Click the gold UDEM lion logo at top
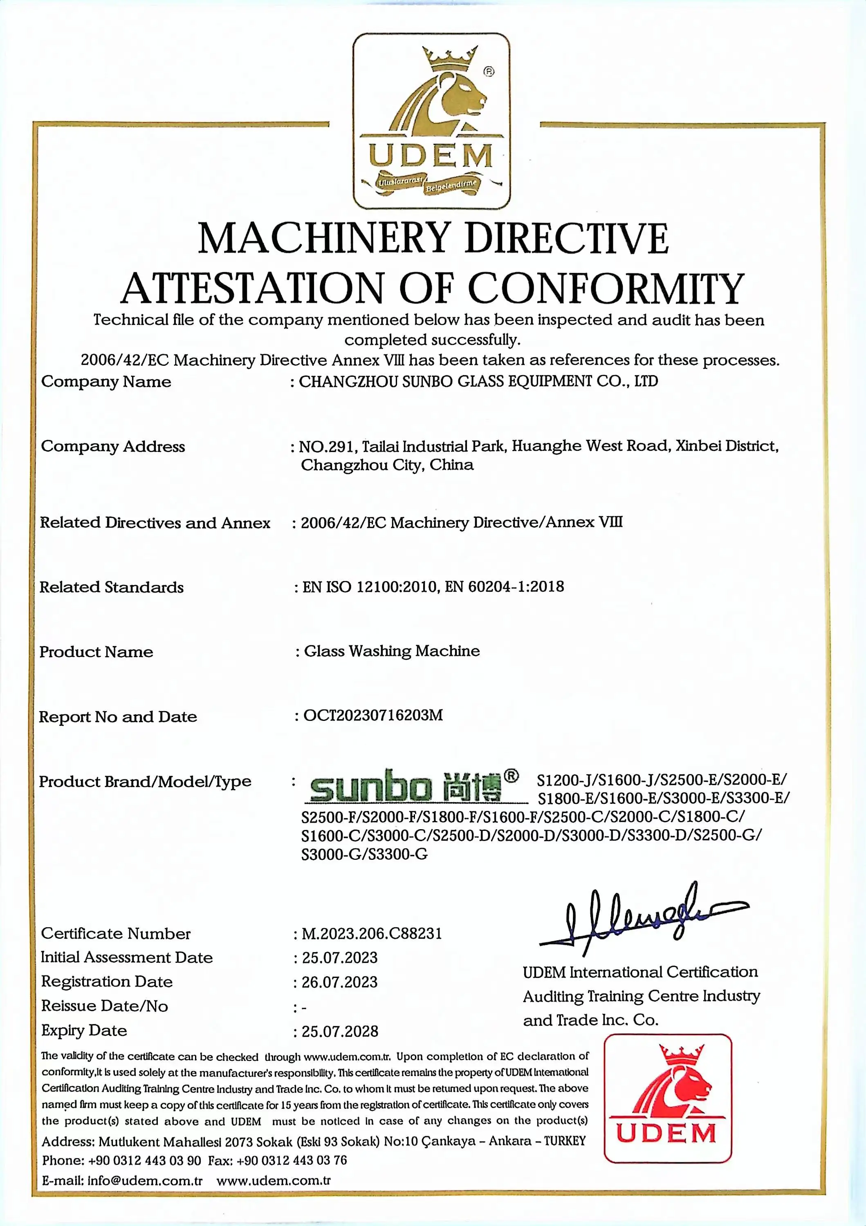coord(431,121)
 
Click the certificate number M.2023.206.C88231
coord(372,933)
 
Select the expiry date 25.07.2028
coord(340,1031)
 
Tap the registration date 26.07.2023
coord(340,982)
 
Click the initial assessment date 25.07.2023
coord(340,958)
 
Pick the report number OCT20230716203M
coord(373,715)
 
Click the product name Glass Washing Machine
coord(392,651)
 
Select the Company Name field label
coord(106,381)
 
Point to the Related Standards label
coord(112,587)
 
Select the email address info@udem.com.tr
coord(145,1180)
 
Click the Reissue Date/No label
coord(105,1006)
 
